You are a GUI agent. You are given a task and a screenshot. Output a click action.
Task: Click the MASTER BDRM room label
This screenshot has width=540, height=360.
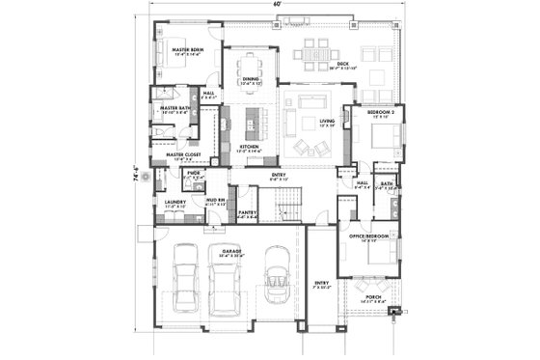pos(187,48)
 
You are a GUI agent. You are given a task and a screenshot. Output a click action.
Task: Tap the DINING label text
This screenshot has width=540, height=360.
pos(250,79)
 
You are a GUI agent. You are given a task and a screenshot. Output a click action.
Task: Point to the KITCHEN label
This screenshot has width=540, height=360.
pos(250,147)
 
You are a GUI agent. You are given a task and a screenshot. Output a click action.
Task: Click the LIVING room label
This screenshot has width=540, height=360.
pos(327,121)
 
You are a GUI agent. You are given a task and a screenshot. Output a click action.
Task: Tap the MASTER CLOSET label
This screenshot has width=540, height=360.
pos(182,153)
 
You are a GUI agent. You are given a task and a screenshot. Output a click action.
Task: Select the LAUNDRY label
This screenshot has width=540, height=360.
pos(175,202)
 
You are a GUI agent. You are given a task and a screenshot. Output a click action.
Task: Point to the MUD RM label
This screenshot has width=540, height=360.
pos(216,202)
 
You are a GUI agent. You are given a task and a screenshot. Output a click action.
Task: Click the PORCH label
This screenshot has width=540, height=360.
pos(374,296)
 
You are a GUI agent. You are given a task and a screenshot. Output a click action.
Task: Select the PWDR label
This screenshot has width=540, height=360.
pos(193,174)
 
